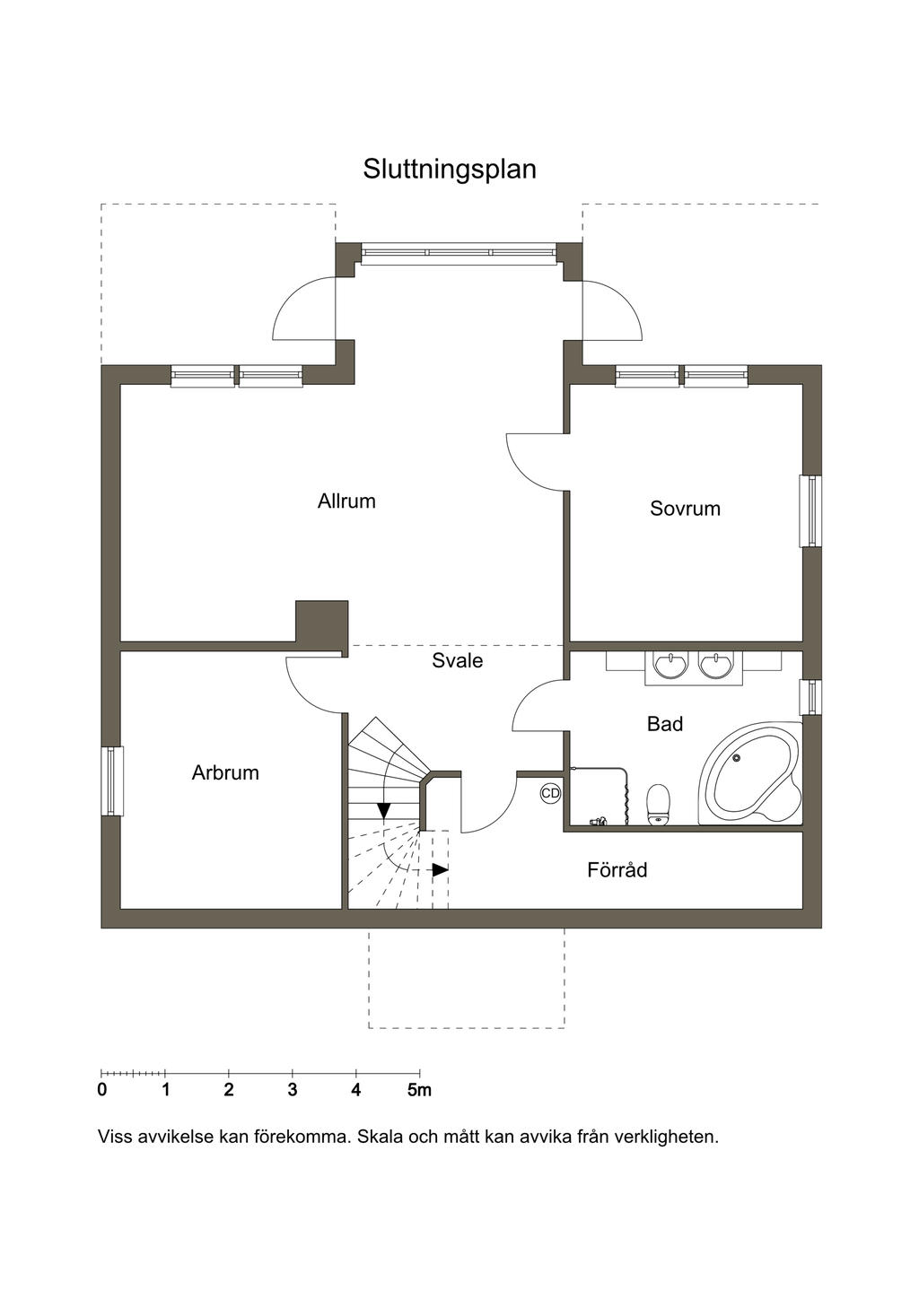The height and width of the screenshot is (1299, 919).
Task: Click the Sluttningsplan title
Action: coord(450,170)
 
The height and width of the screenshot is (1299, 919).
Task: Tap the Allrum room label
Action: coord(346,501)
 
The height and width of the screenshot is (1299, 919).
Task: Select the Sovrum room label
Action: coord(685,509)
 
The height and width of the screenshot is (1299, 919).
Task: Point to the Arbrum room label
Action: coord(225,773)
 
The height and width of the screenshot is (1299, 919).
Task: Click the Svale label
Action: coord(457,660)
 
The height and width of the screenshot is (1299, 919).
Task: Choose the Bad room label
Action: coord(665,724)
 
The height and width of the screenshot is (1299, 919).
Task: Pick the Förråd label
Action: coord(617,869)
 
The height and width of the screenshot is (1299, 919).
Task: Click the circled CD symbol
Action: coord(550,793)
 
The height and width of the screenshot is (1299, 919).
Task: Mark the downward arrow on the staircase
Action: coord(383,811)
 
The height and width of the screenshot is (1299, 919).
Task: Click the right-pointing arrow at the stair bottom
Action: coord(441,870)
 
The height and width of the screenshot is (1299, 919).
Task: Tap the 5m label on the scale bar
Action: coord(419,1091)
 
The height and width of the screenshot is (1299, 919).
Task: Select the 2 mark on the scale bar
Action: coord(229,1091)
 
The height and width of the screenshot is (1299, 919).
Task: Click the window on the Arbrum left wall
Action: coord(112,781)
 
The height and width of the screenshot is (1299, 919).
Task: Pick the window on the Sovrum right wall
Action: coord(810,511)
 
